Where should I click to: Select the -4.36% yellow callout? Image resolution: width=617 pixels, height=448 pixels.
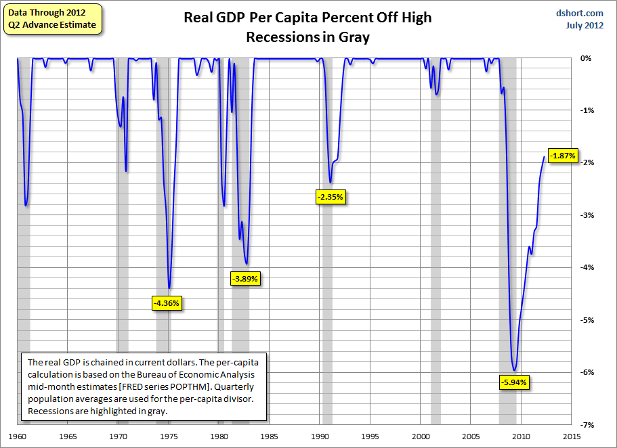point(165,303)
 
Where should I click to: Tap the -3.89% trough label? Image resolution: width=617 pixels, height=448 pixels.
point(245,278)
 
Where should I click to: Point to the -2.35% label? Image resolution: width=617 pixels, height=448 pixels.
point(331,198)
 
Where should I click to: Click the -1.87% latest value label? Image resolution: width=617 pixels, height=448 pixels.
point(562,156)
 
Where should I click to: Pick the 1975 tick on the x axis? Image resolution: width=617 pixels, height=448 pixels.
point(169,437)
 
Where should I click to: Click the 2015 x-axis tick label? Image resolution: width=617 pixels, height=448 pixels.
point(571,437)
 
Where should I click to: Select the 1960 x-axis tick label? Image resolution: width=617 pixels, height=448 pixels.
point(18,437)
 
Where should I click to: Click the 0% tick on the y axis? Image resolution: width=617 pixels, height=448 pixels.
point(587,59)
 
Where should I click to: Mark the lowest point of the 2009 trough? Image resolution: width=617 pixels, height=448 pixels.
point(515,370)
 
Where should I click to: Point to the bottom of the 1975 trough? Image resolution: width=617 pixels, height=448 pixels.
point(169,288)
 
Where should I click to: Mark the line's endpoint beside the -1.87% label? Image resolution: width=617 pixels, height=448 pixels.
point(544,156)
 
